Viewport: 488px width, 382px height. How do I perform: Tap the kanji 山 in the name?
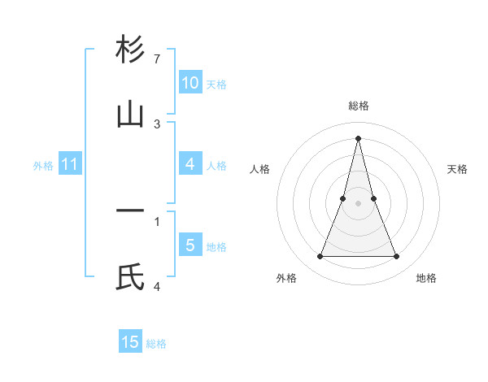(x=130, y=115)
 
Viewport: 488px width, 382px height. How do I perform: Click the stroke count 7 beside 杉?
(x=157, y=59)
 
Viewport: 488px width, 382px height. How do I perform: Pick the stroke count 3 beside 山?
(x=157, y=124)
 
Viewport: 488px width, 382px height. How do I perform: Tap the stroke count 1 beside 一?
(x=157, y=220)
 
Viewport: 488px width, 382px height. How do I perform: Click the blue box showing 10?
(x=190, y=83)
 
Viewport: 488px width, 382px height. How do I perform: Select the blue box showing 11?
(x=70, y=164)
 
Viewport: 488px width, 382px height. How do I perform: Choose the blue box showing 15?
(x=130, y=342)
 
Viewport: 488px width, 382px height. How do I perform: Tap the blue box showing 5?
(x=190, y=245)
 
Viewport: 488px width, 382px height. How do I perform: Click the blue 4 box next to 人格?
(x=190, y=164)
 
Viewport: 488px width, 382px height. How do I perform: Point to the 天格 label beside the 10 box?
(x=216, y=85)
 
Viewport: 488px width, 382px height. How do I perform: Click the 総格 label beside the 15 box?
(x=156, y=344)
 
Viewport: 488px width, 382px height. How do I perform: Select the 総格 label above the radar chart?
(x=358, y=106)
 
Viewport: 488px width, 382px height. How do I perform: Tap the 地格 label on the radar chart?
(x=426, y=278)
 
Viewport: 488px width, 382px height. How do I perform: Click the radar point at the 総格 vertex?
(x=358, y=137)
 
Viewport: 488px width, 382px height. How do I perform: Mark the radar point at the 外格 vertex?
(x=320, y=257)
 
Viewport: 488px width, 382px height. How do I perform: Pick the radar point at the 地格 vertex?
(x=397, y=257)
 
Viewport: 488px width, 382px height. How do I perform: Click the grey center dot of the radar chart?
(x=358, y=203)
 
